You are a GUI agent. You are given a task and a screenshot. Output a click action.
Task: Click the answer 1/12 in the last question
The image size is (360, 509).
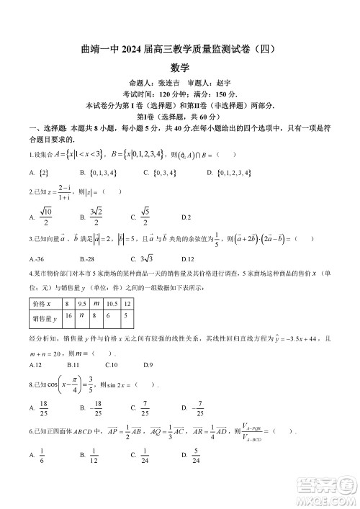94,455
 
